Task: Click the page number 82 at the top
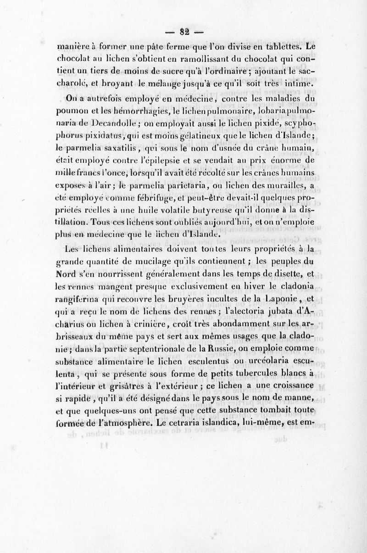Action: (x=185, y=32)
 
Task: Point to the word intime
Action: (x=298, y=84)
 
